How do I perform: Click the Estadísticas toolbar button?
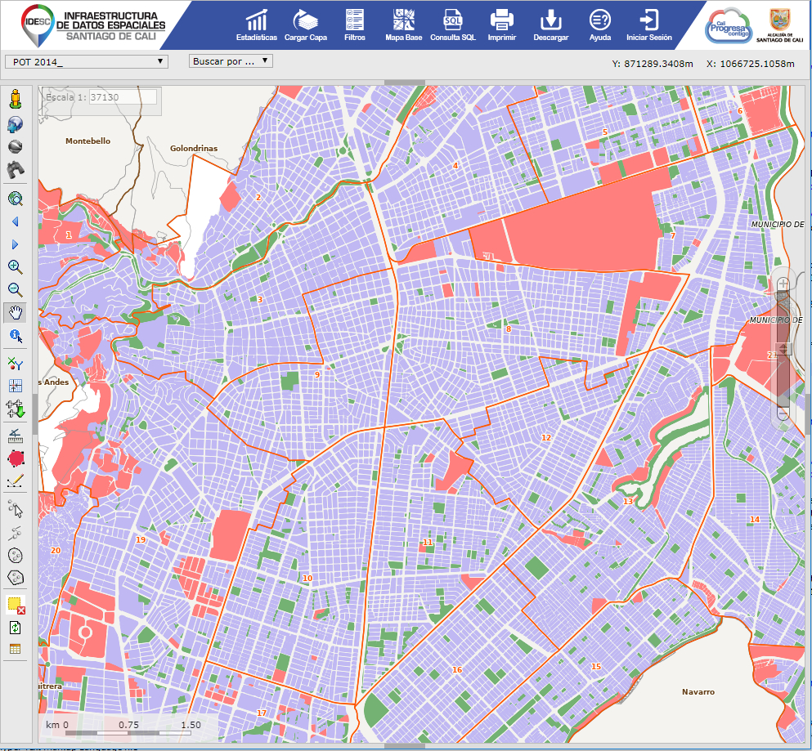256,24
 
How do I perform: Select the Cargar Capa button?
306,24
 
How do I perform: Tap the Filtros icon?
355,24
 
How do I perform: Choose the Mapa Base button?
403,24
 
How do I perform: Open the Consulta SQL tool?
452,24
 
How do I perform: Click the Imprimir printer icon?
501,24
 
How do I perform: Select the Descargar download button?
550,24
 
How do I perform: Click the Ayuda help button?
599,24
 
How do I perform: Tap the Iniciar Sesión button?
648,24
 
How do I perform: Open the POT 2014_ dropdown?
86,61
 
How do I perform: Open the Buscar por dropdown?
231,61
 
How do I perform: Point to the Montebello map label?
87,141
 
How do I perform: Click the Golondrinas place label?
194,149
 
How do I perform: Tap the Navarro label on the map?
698,692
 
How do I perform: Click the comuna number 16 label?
456,670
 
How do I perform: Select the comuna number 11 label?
427,543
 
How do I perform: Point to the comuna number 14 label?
754,520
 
